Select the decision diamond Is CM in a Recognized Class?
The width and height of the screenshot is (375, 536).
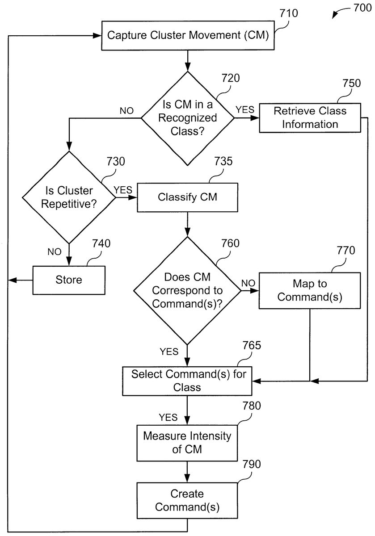[188, 118]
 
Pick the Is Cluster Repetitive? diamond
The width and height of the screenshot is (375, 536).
[69, 197]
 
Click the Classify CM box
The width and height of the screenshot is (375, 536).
[187, 197]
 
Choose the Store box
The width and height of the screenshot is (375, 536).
[69, 280]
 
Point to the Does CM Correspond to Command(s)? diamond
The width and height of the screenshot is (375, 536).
[187, 290]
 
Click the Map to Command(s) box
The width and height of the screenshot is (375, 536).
[309, 290]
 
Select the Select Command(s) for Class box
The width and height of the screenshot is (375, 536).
[188, 381]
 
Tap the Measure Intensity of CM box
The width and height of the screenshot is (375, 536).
[187, 443]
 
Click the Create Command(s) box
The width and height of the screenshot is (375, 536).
[187, 501]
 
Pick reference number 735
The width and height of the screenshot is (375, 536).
[223, 161]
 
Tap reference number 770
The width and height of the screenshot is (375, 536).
[346, 251]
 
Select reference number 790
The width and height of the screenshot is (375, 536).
[252, 464]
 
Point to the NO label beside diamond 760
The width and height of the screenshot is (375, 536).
[249, 282]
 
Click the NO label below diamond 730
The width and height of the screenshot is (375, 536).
[55, 251]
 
